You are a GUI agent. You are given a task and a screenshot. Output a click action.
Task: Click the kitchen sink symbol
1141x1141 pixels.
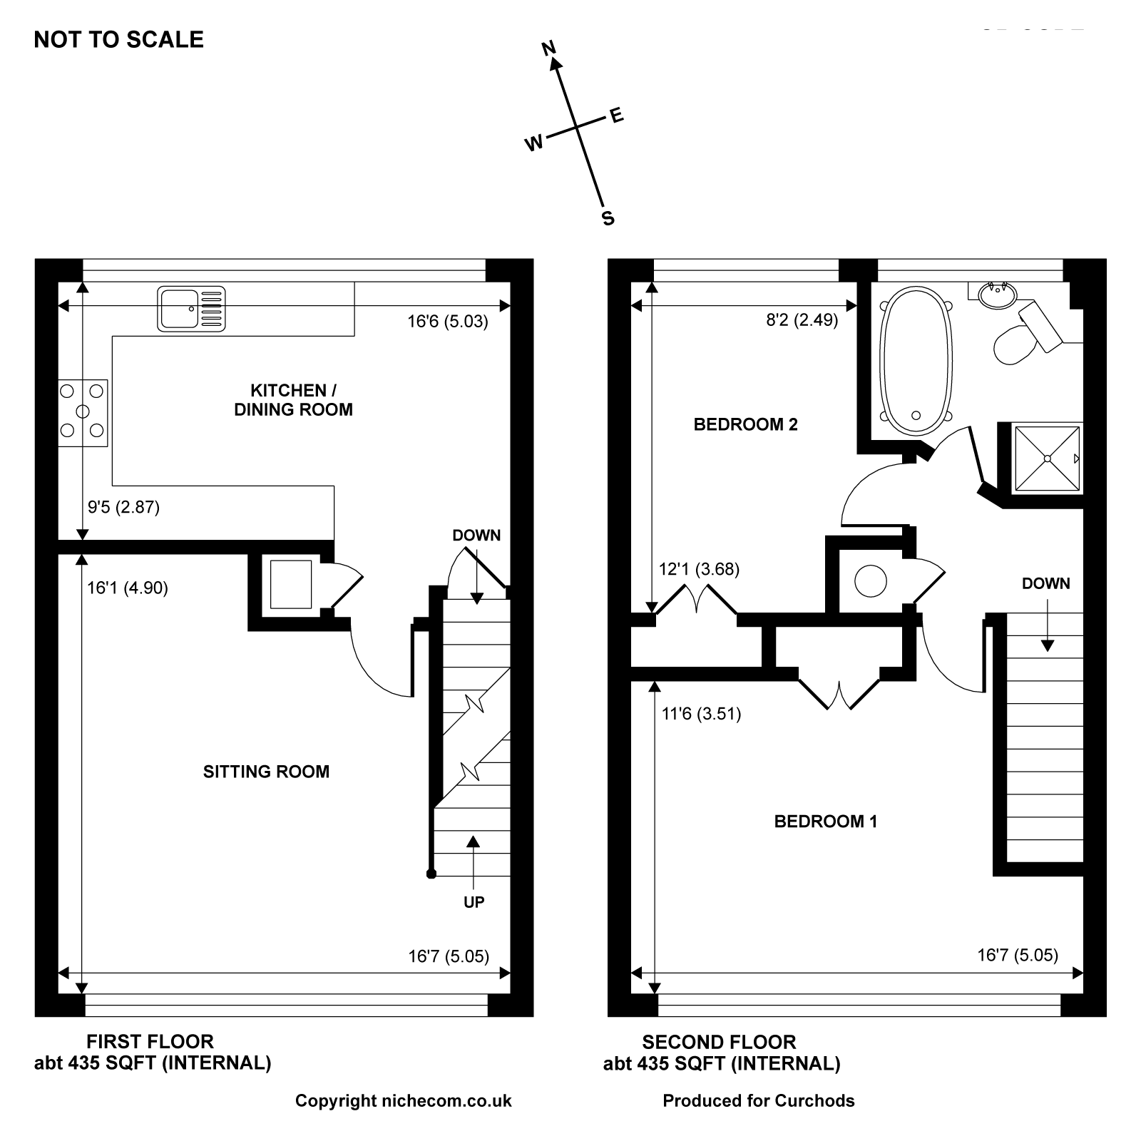[191, 309]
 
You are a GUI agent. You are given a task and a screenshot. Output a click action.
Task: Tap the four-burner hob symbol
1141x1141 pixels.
[83, 413]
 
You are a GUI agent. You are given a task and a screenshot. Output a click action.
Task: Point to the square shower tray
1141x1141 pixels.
[1047, 458]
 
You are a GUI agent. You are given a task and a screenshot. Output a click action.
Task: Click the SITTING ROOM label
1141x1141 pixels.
[266, 772]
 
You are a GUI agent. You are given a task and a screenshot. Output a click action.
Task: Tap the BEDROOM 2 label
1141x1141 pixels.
[745, 425]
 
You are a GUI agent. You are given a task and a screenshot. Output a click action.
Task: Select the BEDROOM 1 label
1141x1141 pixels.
[826, 822]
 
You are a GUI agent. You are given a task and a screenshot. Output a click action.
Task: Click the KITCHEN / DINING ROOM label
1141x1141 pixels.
[293, 400]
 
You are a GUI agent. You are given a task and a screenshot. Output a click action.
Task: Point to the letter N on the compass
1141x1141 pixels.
[548, 48]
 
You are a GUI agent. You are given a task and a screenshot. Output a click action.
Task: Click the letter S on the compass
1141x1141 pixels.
[608, 218]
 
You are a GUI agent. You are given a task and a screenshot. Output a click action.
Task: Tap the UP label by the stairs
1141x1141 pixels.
[474, 902]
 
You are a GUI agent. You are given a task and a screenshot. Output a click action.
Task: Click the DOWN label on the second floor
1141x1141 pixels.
[1046, 583]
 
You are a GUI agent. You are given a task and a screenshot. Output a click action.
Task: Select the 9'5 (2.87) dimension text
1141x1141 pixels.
[123, 507]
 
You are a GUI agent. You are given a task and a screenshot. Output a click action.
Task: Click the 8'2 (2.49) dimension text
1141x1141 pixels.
[802, 320]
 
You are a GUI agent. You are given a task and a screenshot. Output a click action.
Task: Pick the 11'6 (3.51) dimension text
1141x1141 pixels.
[701, 713]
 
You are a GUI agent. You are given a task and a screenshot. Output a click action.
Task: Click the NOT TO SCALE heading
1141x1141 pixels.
[119, 39]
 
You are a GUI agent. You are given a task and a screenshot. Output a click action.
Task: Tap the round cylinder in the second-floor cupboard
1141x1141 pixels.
[871, 580]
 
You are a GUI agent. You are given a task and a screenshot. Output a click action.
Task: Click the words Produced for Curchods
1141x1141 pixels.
[759, 1101]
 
